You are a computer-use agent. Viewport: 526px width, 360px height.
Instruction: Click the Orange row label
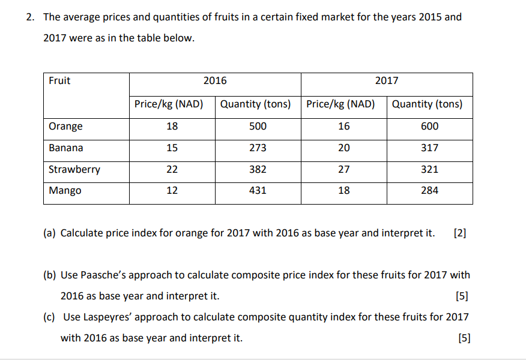[x=66, y=127]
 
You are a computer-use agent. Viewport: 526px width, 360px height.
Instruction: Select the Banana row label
[x=66, y=148]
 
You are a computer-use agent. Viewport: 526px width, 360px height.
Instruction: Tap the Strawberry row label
[x=74, y=170]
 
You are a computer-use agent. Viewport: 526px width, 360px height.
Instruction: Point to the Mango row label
[x=65, y=191]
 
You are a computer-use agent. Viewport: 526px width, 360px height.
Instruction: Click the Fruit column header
[x=59, y=81]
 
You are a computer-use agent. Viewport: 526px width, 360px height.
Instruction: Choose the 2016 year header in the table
[x=215, y=81]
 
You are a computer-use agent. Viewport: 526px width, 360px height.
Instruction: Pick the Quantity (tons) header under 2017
[x=427, y=104]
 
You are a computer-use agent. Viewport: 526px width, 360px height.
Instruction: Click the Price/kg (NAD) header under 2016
[x=169, y=104]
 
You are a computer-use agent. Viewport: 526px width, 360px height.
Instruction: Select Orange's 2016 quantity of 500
[x=258, y=127]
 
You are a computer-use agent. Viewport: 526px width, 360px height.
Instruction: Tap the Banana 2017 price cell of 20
[x=343, y=148]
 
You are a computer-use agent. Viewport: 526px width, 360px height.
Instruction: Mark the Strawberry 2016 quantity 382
[x=258, y=170]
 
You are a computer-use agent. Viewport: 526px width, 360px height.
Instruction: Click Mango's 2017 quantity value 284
[x=429, y=191]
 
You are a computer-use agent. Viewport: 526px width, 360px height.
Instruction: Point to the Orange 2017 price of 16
[x=343, y=127]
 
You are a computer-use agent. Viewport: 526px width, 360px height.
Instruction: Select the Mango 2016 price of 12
[x=172, y=191]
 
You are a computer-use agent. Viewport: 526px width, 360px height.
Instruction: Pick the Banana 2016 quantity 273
[x=258, y=148]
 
